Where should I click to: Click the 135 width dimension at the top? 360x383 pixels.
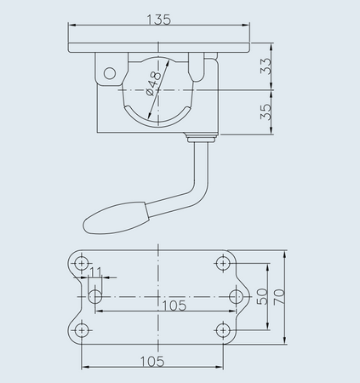tap(159, 20)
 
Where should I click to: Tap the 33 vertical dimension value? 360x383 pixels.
tap(266, 66)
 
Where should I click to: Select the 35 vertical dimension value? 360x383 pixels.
tap(266, 111)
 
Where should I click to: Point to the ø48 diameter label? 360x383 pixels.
tap(153, 83)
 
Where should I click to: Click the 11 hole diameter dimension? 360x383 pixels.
tap(95, 272)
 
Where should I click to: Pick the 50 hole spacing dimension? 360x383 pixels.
tap(262, 296)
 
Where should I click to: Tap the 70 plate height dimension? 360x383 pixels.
tap(279, 297)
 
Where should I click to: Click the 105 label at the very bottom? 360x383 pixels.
tap(152, 361)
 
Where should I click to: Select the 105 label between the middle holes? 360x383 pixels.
tap(174, 306)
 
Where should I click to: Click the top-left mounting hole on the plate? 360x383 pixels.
tap(82, 264)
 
